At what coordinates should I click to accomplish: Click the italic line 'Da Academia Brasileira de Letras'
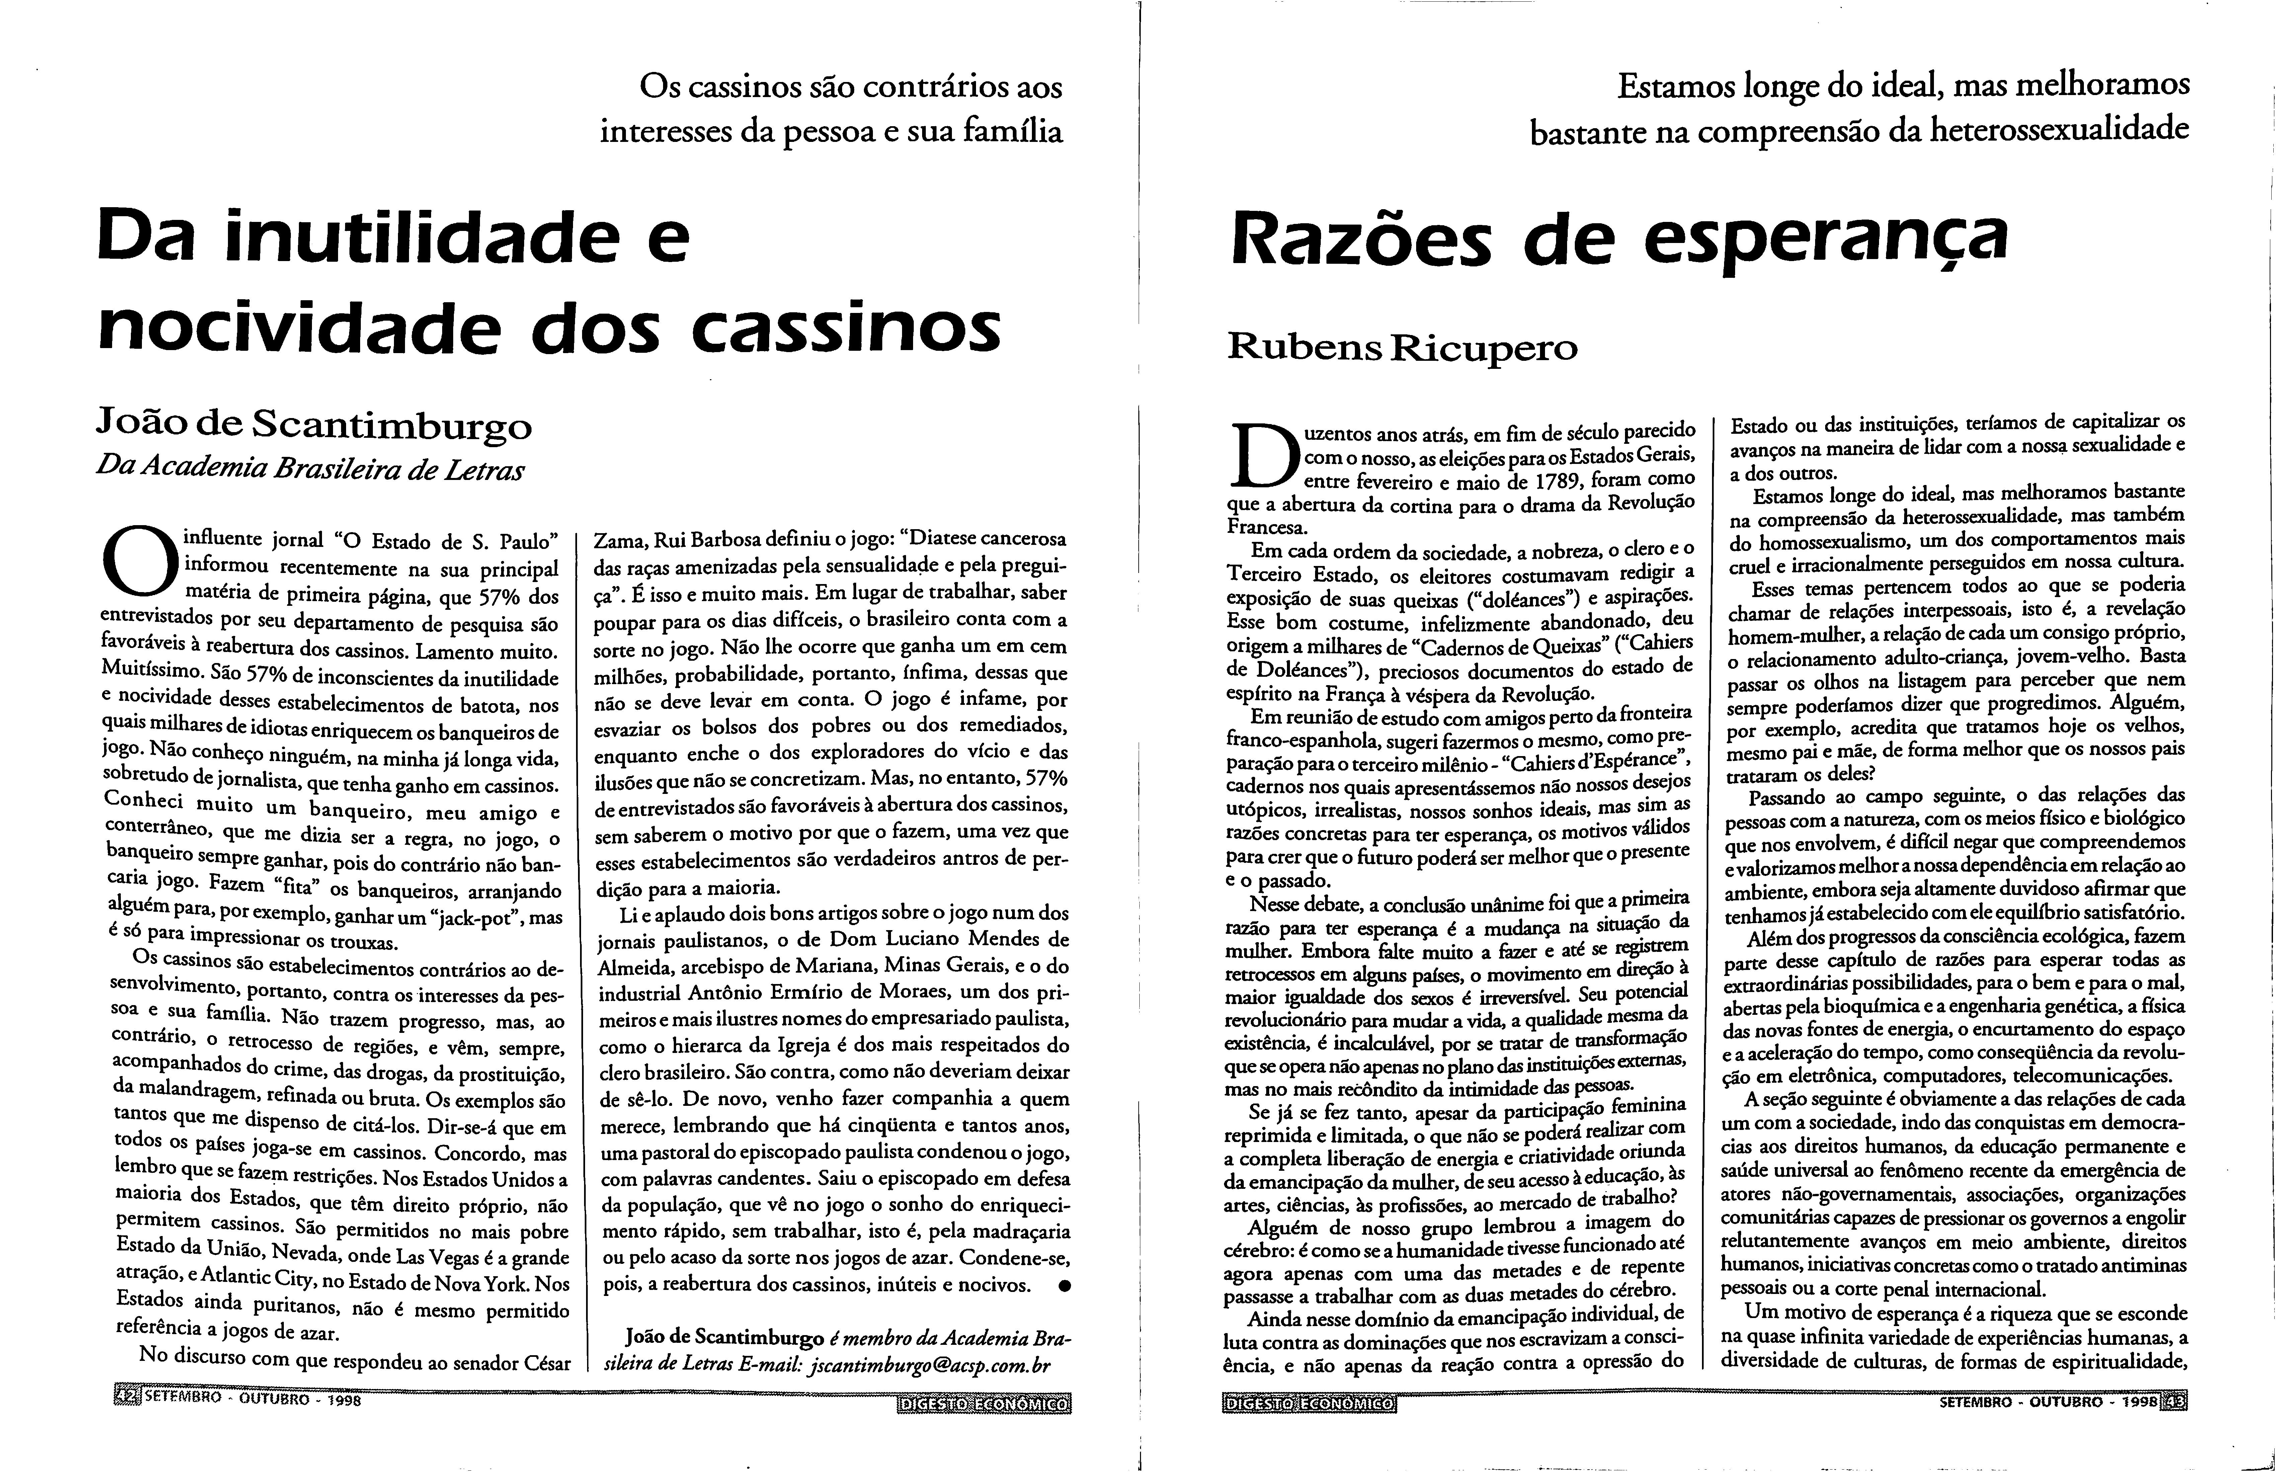click(311, 469)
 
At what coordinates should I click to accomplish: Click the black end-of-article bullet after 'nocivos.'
click(1064, 1287)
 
